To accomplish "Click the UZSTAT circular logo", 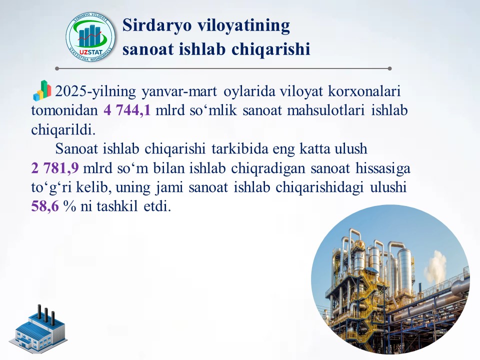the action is pos(90,37).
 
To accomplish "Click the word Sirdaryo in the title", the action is pos(157,25).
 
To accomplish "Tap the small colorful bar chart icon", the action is pos(42,90).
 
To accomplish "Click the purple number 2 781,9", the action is pos(55,168).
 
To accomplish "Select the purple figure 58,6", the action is pos(44,206).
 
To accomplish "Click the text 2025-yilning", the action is pos(95,91).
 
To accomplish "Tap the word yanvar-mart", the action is pos(179,91).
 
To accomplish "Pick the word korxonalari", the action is pos(364,91).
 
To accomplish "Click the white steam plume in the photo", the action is pos(435,266).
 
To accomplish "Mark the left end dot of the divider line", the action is pos(57,68).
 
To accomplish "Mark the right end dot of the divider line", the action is pos(389,68).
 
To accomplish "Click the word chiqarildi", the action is pos(63,130).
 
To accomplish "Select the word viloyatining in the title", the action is pos(244,25).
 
